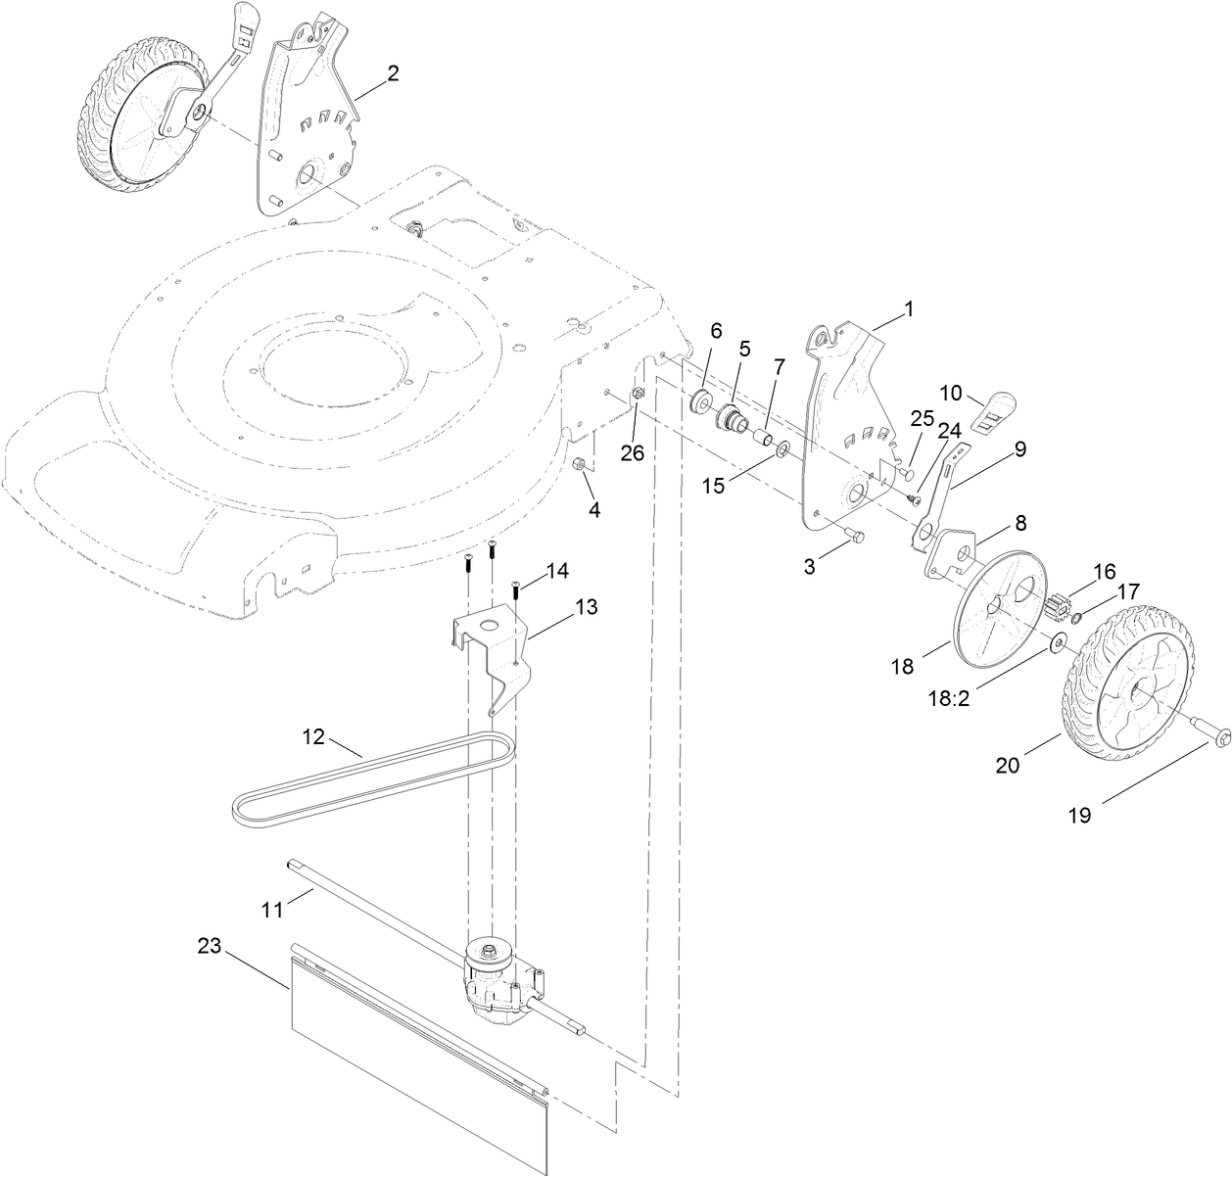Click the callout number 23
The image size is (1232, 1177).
pyautogui.click(x=209, y=946)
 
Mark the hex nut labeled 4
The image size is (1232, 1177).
pyautogui.click(x=580, y=464)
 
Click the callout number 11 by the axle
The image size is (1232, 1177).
pyautogui.click(x=271, y=910)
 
